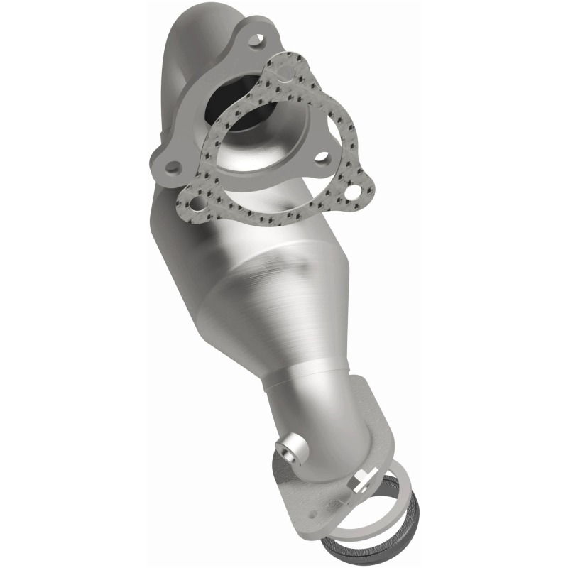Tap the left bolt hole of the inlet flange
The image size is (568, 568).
pyautogui.click(x=173, y=168)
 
